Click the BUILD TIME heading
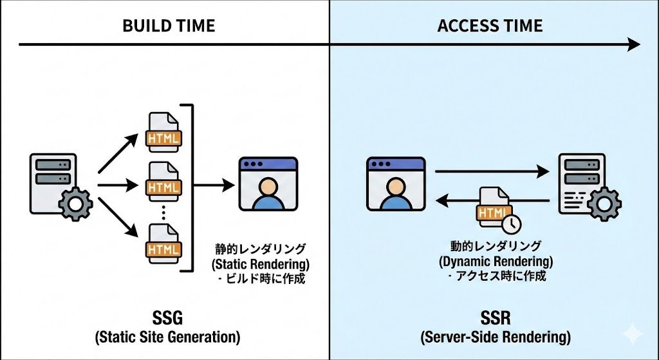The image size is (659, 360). pyautogui.click(x=169, y=26)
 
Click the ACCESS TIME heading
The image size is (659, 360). pyautogui.click(x=490, y=26)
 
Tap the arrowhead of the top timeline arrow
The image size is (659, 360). pyautogui.click(x=634, y=44)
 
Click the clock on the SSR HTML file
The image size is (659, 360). pyautogui.click(x=512, y=223)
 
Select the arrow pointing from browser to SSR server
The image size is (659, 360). pyautogui.click(x=492, y=172)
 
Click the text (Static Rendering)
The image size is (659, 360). pyautogui.click(x=260, y=264)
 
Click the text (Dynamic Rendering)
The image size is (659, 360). pyautogui.click(x=496, y=261)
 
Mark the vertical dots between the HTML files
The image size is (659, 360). pyautogui.click(x=164, y=212)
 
